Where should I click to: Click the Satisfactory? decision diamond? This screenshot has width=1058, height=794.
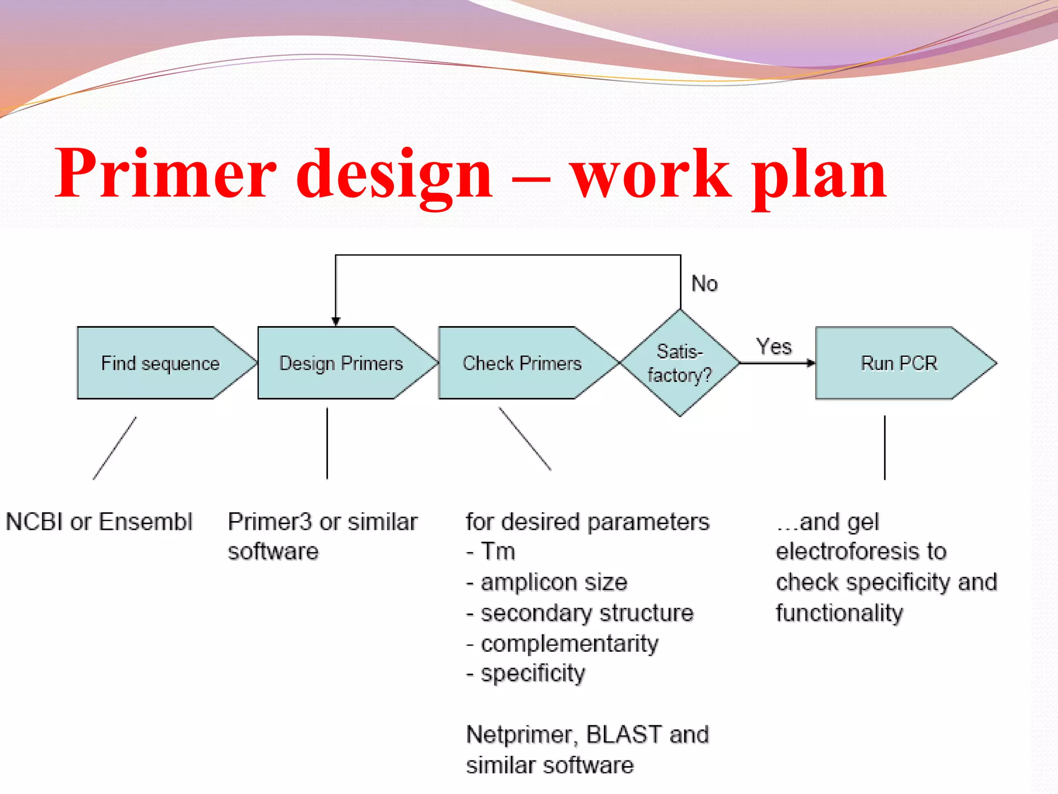click(x=680, y=363)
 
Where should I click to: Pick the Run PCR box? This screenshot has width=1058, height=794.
click(x=899, y=363)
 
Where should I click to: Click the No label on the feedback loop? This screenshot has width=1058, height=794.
click(x=705, y=284)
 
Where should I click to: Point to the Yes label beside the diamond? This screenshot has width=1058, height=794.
click(x=774, y=346)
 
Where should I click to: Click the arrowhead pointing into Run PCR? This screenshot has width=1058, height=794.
click(x=811, y=363)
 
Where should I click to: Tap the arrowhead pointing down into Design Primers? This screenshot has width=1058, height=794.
click(x=336, y=321)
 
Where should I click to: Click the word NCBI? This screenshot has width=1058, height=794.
click(x=34, y=522)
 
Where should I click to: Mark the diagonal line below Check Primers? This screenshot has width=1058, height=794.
click(x=524, y=438)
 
